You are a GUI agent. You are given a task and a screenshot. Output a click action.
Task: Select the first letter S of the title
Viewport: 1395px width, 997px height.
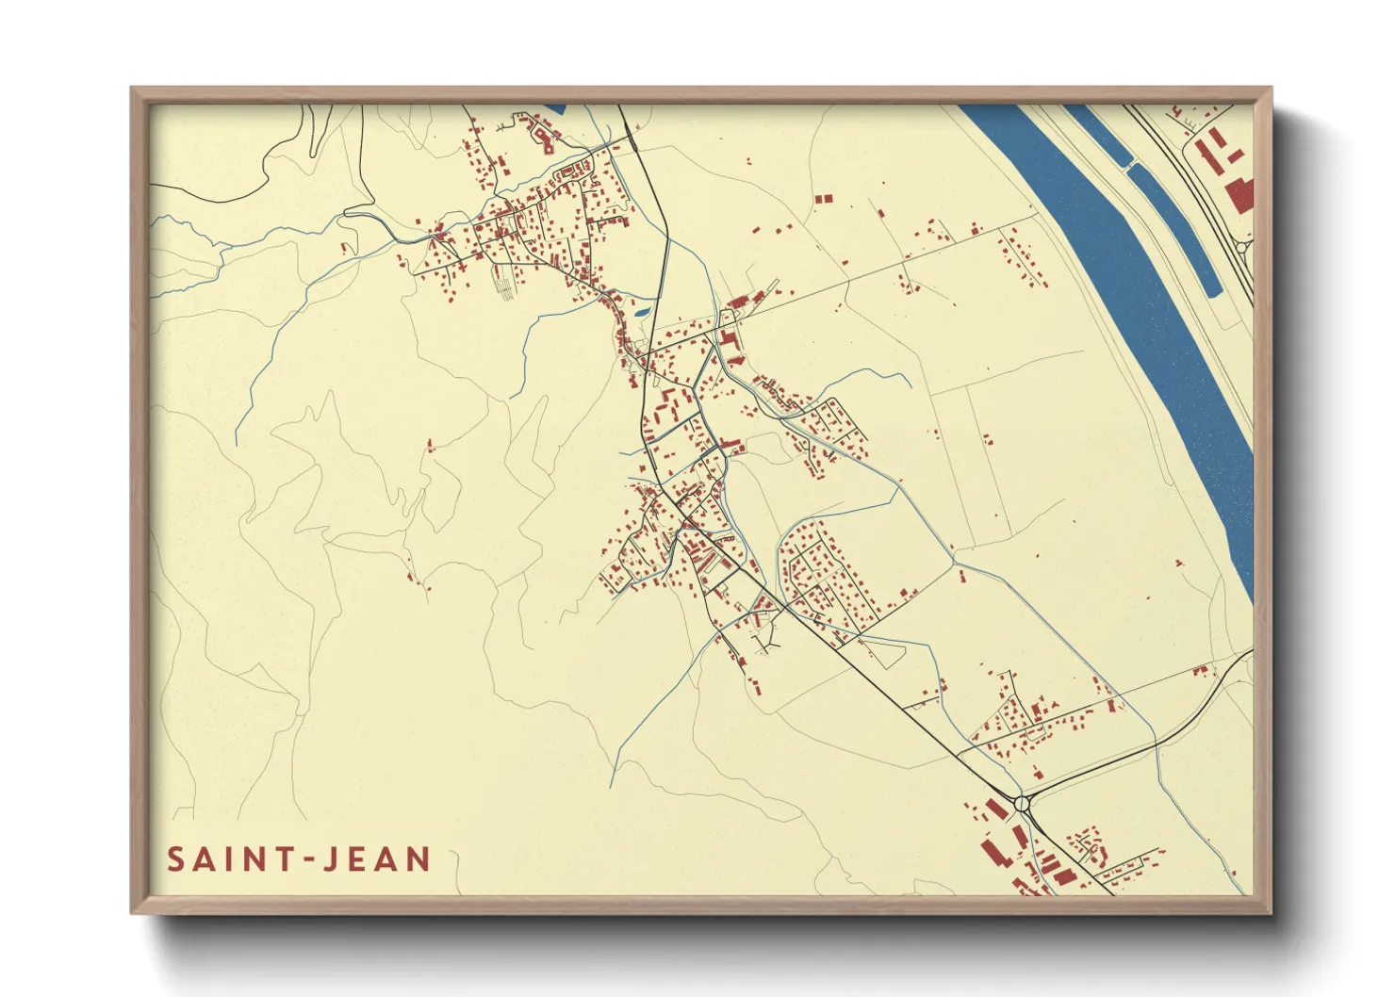[x=176, y=859]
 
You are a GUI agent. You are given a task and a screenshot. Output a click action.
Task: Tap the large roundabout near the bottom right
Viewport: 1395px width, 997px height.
[x=1024, y=803]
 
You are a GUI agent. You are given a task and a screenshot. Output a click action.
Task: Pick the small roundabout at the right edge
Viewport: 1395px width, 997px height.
[x=1242, y=247]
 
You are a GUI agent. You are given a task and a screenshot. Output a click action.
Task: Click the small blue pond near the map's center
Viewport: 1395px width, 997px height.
[x=642, y=310]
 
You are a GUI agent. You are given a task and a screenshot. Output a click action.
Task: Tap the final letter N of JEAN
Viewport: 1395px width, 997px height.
[x=418, y=859]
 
